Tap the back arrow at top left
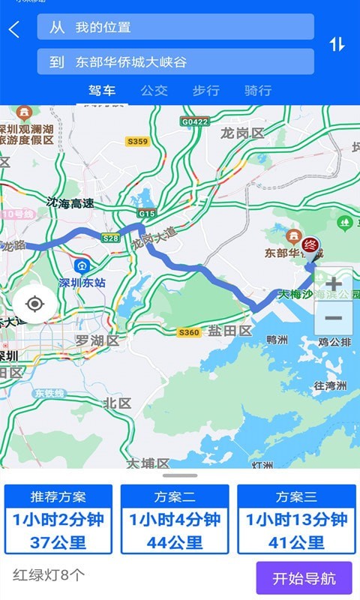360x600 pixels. click(14, 30)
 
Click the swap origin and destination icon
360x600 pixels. click(337, 44)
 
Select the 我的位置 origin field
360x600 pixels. click(175, 27)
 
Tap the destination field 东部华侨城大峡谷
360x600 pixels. click(175, 62)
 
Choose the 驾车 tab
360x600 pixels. click(102, 91)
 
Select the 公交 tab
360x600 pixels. click(154, 91)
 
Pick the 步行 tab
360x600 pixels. click(205, 91)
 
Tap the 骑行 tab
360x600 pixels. click(257, 91)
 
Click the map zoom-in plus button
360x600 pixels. click(333, 284)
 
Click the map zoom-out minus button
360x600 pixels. click(333, 318)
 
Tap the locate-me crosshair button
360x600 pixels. click(34, 304)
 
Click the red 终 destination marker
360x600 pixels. click(311, 246)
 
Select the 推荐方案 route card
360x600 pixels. click(58, 520)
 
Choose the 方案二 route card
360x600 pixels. click(175, 520)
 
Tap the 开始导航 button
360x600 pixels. click(304, 578)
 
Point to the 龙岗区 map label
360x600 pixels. click(242, 133)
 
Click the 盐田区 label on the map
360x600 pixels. click(229, 331)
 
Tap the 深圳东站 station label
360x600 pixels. click(82, 283)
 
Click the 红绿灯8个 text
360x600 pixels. click(49, 576)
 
